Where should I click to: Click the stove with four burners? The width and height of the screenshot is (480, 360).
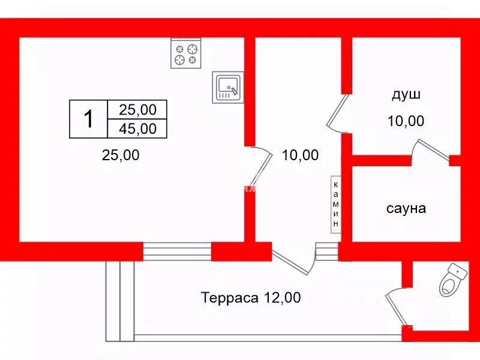click(186, 53)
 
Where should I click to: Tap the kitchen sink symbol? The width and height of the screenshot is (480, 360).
click(228, 88)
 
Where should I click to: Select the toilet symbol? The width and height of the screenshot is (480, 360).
click(453, 280)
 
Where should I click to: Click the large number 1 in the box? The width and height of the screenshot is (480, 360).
click(88, 119)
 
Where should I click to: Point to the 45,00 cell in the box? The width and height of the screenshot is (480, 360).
click(137, 129)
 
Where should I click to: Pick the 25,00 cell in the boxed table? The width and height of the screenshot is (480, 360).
click(137, 110)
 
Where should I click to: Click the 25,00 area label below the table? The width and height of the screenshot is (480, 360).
click(121, 155)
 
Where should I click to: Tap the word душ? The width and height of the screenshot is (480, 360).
click(406, 95)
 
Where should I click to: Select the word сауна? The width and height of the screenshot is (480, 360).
click(406, 208)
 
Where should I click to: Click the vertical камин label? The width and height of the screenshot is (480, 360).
click(336, 204)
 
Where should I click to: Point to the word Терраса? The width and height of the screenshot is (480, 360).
click(229, 298)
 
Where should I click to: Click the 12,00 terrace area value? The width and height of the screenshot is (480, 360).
click(281, 298)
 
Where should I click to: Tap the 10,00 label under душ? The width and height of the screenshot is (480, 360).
click(406, 121)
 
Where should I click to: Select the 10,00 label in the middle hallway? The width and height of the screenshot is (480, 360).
click(300, 155)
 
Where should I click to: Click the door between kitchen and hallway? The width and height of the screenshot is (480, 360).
click(260, 169)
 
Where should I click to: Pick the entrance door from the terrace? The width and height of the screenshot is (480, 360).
click(293, 261)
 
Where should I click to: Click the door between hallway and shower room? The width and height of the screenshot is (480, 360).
click(338, 113)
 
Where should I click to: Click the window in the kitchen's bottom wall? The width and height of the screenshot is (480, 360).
click(177, 251)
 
